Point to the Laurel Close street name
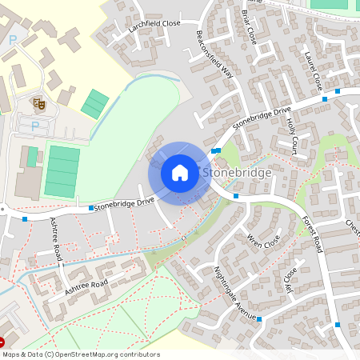pos(312,70)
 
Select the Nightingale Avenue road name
pos(235,293)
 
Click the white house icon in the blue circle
pos(179,173)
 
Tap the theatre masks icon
pos(37,103)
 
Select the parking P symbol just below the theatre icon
pos(34,125)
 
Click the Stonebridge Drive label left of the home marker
pos(124,205)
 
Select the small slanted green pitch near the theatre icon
pos(95,104)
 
